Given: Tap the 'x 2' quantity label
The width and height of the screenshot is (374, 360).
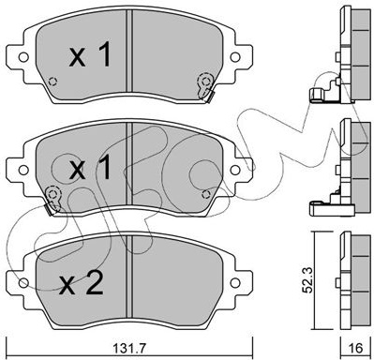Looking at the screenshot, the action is pos(82,283).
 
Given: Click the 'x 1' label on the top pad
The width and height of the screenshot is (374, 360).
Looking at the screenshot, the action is pos(90,55).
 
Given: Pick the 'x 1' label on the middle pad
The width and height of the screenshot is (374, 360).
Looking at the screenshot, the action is pos(90,167).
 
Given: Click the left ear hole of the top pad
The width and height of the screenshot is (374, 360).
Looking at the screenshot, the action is pos(23,57).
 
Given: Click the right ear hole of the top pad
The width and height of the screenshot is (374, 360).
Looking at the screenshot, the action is pos(235,57).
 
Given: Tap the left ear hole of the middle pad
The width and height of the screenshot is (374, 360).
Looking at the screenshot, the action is pos(23,170).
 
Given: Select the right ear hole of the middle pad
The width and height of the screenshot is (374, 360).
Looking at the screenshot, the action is pos(235,170).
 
